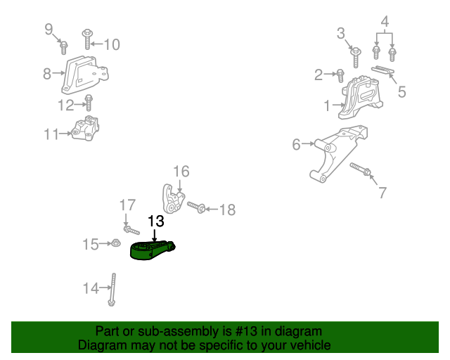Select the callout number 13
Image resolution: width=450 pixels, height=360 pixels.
click(155, 221)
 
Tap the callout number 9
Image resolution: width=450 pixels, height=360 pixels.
click(49, 29)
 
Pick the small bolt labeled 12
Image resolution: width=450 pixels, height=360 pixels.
click(89, 103)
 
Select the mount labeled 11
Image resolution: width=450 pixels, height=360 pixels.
click(86, 130)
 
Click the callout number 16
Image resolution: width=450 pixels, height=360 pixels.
click(181, 172)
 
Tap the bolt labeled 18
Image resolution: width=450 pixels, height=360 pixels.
click(197, 207)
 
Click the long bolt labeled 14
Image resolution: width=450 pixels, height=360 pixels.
click(112, 290)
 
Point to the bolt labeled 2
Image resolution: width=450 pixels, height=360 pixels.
click(340, 73)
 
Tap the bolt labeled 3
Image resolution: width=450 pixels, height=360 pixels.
click(356, 53)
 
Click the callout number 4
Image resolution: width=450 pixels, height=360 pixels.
click(384, 22)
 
